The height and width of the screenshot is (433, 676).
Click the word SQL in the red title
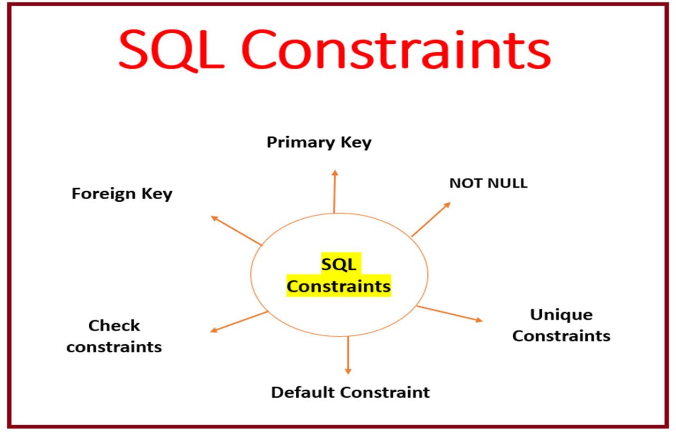coord(172,51)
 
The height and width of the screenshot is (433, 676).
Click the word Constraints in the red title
coord(396,51)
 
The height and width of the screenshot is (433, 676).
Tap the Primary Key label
coord(319,143)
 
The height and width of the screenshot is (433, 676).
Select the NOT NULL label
coord(488,183)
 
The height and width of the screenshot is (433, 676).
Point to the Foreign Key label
coord(122,194)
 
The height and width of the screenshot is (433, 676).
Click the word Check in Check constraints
coord(114,326)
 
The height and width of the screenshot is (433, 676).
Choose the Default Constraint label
coord(350,392)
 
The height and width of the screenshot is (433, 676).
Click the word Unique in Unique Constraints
coord(561,315)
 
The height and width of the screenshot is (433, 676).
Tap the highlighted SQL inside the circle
coord(339,264)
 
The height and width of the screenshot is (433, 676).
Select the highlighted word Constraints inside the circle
coord(339,286)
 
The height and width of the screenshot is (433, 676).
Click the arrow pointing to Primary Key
coord(334,191)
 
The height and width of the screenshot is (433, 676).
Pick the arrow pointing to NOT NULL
coord(431,219)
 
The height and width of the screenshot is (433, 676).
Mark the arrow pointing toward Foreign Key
coord(236,231)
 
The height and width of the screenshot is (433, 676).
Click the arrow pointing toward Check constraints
coord(239,322)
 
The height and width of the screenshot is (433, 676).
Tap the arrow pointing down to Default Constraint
coord(348,355)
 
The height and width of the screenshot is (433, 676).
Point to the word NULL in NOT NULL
coord(508,183)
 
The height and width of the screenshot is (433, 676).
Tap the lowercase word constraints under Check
coord(114,347)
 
